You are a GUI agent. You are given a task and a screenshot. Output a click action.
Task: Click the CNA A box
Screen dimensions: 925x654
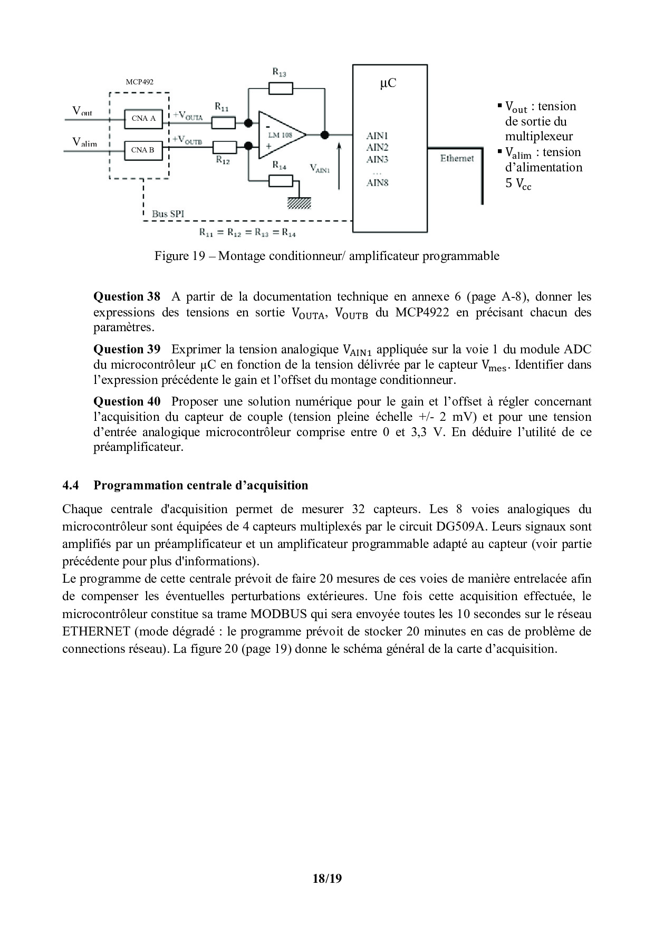143,119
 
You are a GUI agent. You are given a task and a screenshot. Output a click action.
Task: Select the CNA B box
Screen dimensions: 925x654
143,150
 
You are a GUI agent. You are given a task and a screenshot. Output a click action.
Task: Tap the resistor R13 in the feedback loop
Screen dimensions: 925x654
281,89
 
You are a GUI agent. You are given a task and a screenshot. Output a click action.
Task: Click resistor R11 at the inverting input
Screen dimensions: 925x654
223,123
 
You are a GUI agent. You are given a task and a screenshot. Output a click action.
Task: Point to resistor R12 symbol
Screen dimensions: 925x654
223,147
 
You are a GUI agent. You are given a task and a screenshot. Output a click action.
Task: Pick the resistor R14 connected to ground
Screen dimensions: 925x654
281,181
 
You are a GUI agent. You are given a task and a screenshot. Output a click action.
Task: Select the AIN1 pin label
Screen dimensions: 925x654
378,136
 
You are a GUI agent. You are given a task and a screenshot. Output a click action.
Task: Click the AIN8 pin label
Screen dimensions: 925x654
378,183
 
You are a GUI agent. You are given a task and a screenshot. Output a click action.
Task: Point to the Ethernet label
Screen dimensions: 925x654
457,158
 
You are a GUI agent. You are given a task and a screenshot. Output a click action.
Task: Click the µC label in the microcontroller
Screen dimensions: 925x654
388,84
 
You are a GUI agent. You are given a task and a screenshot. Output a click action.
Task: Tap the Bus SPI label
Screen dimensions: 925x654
168,214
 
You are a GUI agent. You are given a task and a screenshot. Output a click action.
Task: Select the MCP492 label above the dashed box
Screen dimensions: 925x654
140,82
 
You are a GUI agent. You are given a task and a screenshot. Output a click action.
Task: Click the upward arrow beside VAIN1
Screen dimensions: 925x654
339,164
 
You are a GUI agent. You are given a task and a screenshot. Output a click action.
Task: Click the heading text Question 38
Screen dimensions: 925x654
127,296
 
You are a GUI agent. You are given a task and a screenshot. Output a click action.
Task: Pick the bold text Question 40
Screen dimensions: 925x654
127,402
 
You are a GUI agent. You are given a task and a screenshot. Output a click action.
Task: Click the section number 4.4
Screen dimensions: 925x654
71,485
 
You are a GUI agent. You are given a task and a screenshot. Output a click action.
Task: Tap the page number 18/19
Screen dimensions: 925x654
327,879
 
